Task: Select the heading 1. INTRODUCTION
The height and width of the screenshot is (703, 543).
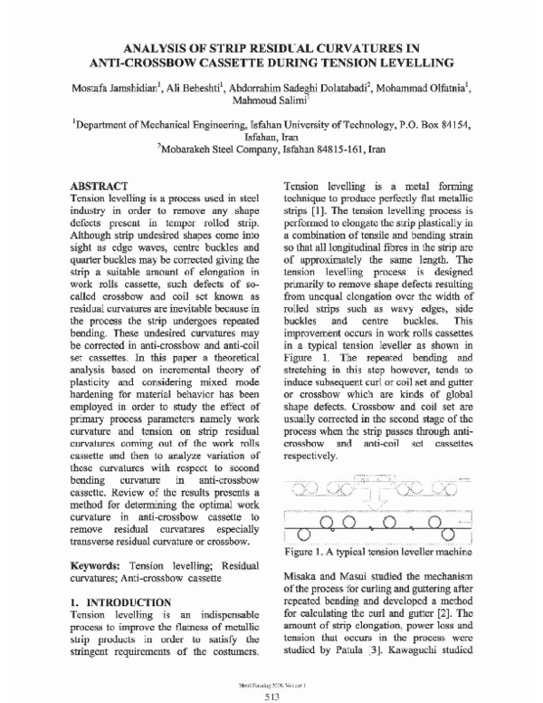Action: click(120, 602)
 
